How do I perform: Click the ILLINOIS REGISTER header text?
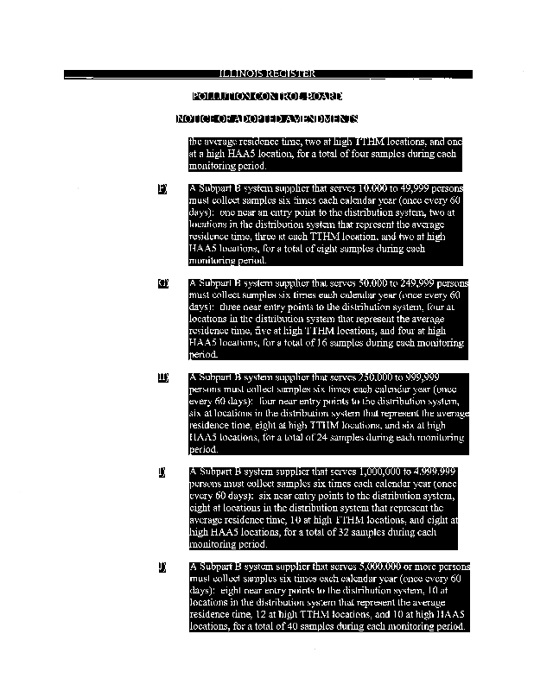267,74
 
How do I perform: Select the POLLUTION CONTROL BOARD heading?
267,96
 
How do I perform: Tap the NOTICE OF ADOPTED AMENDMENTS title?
267,118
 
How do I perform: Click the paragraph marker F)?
162,188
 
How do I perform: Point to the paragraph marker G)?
162,283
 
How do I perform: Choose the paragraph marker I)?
162,472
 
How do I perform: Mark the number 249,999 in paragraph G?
398,283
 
